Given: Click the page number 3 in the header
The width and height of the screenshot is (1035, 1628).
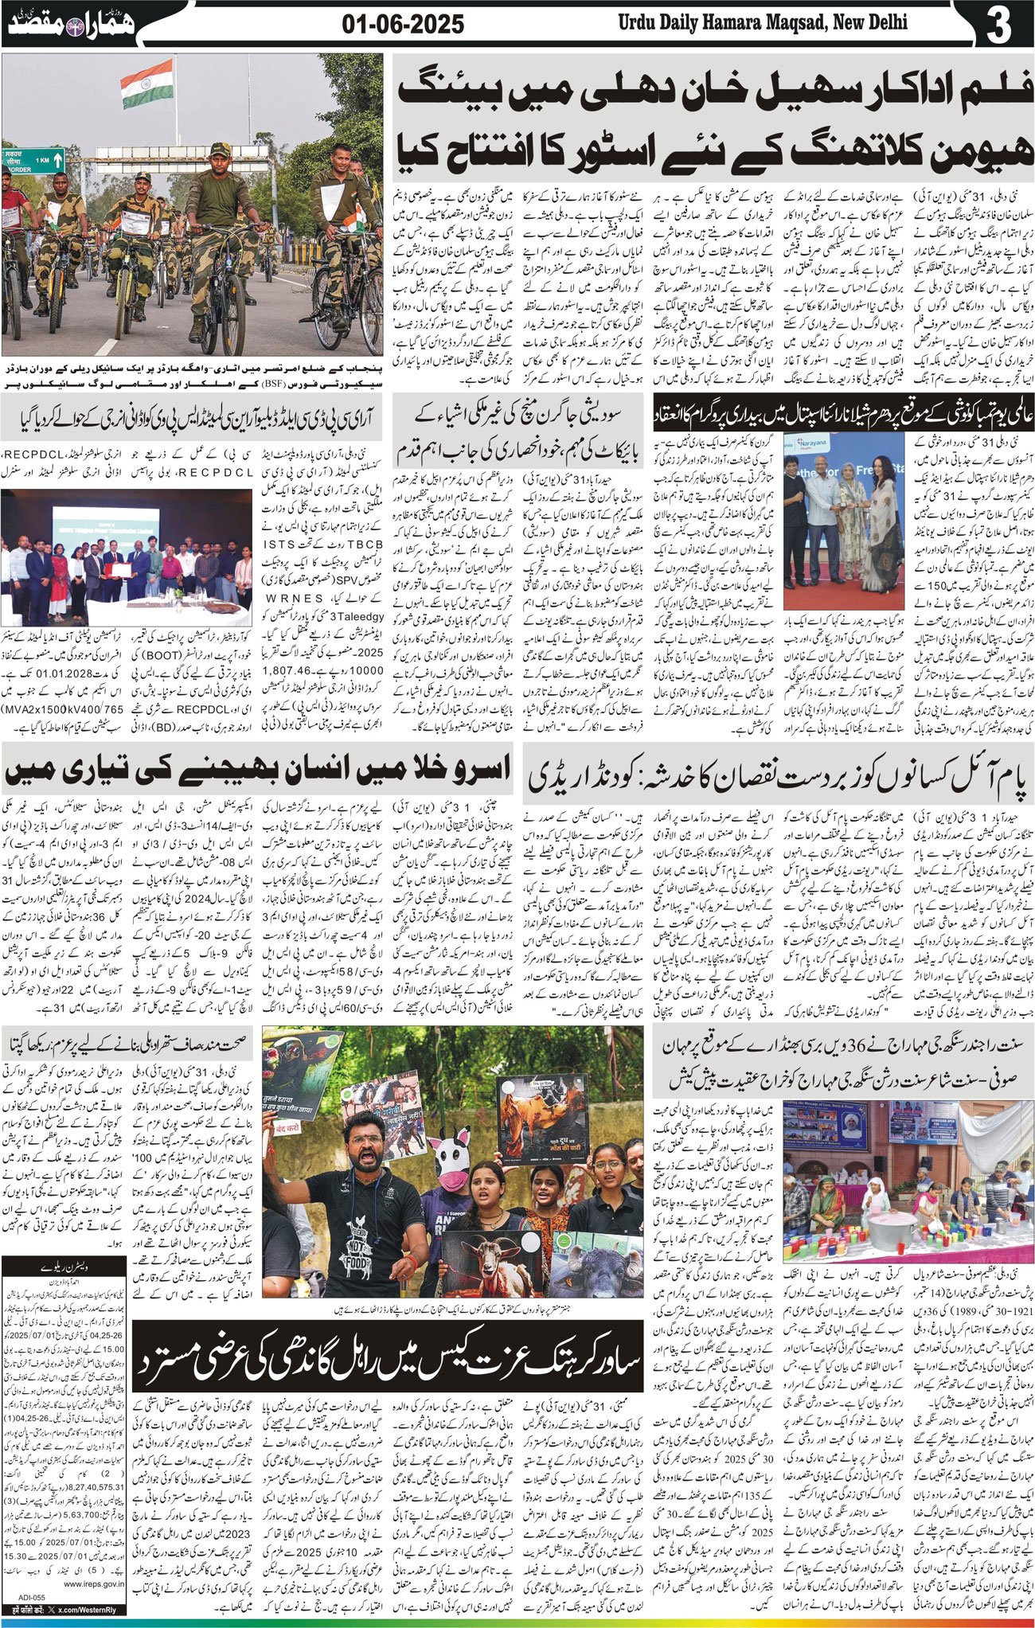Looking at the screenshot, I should pyautogui.click(x=997, y=26).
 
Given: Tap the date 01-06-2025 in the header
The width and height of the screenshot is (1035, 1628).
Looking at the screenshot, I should pyautogui.click(x=403, y=25).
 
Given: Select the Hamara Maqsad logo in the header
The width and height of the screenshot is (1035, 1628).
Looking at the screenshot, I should pyautogui.click(x=70, y=25).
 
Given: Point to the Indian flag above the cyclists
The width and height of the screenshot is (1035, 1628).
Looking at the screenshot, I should pyautogui.click(x=147, y=83).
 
